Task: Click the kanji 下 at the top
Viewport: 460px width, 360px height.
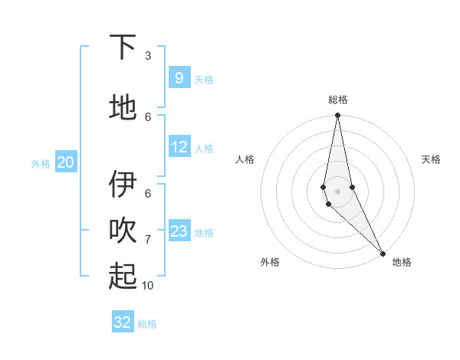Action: tap(123, 47)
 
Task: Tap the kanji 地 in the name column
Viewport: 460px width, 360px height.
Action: tap(123, 108)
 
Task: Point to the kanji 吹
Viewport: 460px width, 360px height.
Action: tap(123, 231)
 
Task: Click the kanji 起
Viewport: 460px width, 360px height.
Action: tap(123, 276)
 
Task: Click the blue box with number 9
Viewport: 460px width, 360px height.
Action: tap(179, 78)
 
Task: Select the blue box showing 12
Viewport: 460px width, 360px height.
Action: tap(179, 148)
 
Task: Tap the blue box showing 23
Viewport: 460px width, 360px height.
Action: tap(179, 231)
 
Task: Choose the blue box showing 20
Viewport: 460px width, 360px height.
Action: tap(65, 162)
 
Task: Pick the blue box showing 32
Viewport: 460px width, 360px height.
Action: tap(123, 322)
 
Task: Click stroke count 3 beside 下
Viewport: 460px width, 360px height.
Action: tap(148, 56)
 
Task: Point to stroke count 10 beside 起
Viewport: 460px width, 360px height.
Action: tap(148, 285)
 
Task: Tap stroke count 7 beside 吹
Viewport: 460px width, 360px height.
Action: tap(148, 240)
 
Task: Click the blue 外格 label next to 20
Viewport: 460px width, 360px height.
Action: tap(41, 163)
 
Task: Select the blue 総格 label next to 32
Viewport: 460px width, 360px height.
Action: tap(148, 324)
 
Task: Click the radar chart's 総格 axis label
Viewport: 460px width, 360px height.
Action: tap(338, 100)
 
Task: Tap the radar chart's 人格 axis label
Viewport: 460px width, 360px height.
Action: tap(245, 159)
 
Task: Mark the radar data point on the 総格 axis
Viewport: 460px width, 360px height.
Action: tap(338, 116)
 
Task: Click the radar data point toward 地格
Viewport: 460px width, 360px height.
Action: tap(383, 253)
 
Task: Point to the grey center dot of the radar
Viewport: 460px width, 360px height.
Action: tap(338, 191)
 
